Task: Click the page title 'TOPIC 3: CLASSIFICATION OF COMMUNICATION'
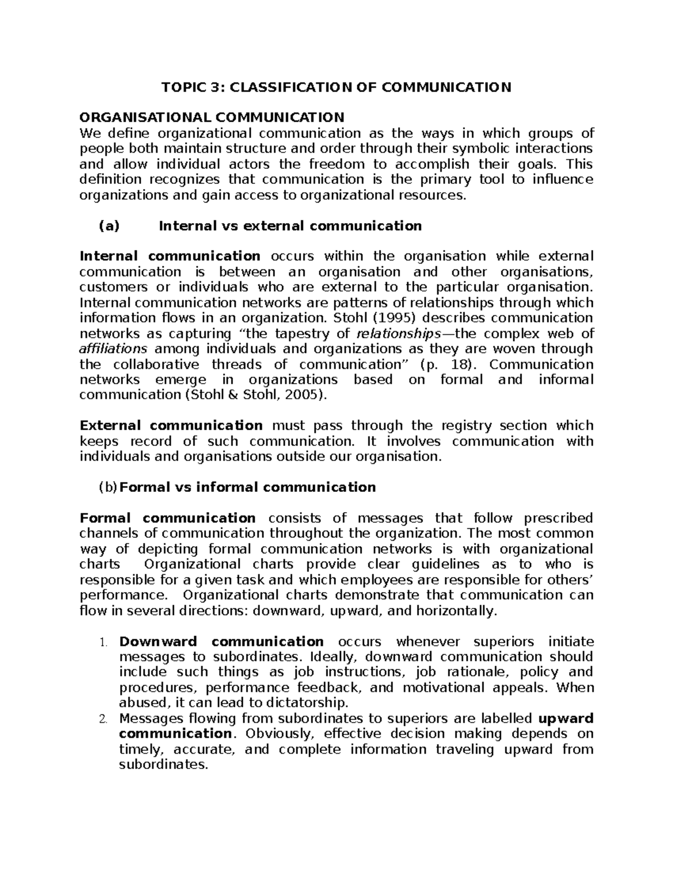point(336,87)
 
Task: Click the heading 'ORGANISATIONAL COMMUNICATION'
point(212,117)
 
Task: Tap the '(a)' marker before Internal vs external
point(109,226)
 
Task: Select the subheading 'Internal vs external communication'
point(290,226)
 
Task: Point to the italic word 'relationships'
point(399,334)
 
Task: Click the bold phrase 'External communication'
point(171,426)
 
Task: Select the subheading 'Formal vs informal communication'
point(248,487)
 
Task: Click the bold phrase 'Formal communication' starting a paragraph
point(168,518)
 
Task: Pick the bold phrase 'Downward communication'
point(222,642)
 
